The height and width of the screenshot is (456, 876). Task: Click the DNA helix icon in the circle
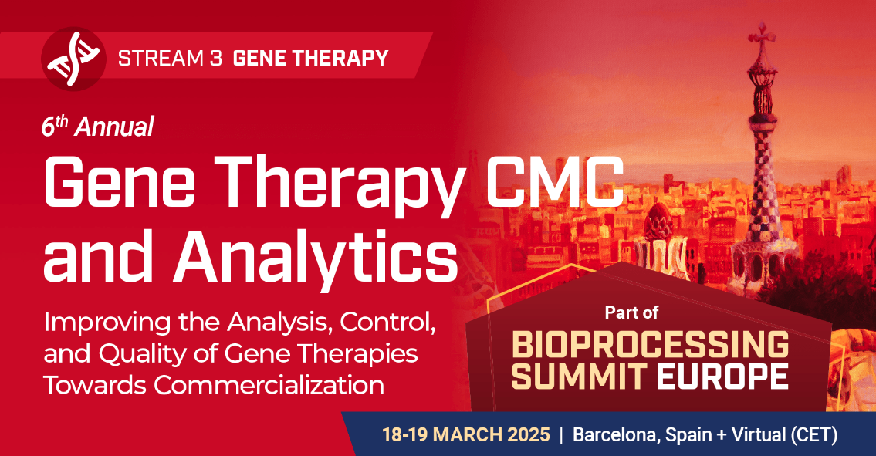tap(74, 59)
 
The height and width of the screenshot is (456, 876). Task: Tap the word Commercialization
tap(266, 384)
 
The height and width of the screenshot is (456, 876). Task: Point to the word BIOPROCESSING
tap(651, 344)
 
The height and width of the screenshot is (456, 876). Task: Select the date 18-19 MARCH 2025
tap(466, 434)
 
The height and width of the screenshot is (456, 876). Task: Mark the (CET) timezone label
tap(813, 434)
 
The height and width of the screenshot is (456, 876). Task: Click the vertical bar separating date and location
tap(562, 434)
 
